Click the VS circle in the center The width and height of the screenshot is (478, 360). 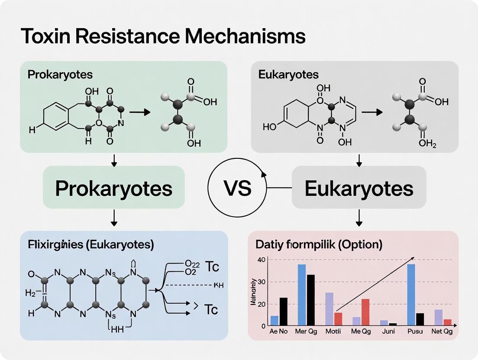point(237,189)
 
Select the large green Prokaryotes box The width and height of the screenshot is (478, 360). point(114,188)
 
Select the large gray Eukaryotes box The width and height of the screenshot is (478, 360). point(358,188)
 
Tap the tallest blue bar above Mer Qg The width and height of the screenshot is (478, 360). point(302,295)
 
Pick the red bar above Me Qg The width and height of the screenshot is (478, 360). point(365,312)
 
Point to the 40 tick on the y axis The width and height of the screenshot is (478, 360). point(261,260)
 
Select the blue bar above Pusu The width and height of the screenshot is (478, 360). point(411,295)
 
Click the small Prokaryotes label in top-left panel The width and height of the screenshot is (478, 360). point(60,74)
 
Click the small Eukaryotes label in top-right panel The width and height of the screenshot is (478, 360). point(288,74)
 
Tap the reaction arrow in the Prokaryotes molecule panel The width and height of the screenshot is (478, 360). point(139,112)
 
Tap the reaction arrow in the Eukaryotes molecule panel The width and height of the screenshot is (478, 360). point(372,112)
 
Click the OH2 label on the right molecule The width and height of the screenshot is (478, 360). point(427,144)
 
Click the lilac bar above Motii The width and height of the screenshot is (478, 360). point(329,309)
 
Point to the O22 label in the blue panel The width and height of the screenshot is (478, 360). point(191,263)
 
